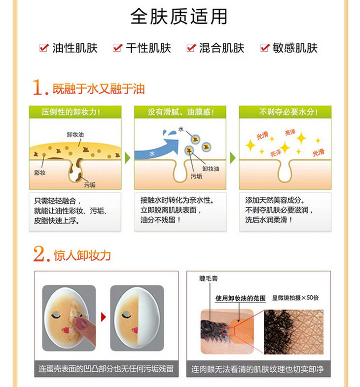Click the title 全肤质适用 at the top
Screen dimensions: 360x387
[179, 17]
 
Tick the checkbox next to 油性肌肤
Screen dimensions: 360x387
[44, 48]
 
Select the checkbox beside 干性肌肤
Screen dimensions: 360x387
[117, 48]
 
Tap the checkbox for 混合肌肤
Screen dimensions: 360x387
[191, 48]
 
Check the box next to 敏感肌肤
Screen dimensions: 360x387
[265, 48]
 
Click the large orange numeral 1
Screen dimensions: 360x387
[38, 87]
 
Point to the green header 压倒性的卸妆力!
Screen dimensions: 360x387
[75, 112]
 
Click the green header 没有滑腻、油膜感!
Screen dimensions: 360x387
[180, 112]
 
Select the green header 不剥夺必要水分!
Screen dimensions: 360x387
[285, 112]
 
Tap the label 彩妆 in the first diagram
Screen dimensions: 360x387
[40, 173]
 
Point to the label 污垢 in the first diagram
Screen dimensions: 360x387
[90, 184]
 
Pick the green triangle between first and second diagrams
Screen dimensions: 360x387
[127, 158]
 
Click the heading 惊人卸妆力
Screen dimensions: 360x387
[82, 255]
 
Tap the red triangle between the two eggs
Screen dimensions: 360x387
[104, 317]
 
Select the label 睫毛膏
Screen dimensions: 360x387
[209, 279]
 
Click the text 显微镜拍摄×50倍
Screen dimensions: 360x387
[295, 298]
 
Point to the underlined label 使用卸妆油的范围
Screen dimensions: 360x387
[241, 298]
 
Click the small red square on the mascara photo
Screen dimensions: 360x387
[228, 331]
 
